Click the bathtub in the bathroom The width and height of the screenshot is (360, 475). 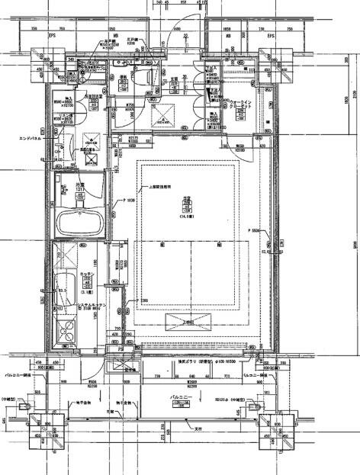(80, 223)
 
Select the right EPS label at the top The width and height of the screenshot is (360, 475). (270, 36)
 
